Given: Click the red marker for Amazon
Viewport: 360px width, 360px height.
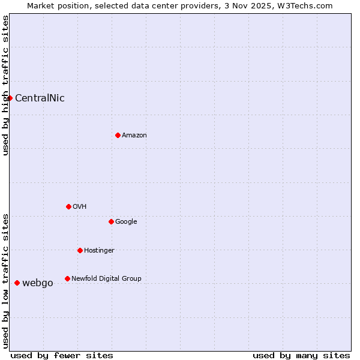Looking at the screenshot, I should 118,135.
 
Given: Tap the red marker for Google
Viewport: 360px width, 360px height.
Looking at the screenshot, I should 111,221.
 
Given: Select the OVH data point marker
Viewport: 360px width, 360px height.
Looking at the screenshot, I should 68,206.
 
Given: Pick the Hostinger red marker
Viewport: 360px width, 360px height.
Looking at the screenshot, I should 80,250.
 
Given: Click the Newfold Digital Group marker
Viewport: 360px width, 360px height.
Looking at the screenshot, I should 67,278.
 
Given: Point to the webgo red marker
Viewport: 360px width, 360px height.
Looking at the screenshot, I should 17,283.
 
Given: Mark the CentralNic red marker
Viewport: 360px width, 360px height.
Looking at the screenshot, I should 10,98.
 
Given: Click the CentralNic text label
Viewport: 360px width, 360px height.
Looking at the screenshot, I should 40,98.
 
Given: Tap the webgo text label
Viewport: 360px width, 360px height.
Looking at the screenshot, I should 38,283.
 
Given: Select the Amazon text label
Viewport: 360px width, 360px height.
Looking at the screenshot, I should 134,136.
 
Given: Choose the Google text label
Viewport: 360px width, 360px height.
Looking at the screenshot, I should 126,222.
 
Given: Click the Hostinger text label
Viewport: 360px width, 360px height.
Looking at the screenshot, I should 99,251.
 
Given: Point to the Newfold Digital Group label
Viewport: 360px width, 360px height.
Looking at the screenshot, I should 106,279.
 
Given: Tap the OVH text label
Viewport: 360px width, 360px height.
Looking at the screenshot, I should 80,207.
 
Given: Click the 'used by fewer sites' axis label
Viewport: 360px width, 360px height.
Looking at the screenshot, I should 62,355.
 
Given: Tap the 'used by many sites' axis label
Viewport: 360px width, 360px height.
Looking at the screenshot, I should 301,355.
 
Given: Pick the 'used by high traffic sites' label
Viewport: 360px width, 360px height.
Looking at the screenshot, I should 5,85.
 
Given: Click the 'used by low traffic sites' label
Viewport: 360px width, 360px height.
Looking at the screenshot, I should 5,280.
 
